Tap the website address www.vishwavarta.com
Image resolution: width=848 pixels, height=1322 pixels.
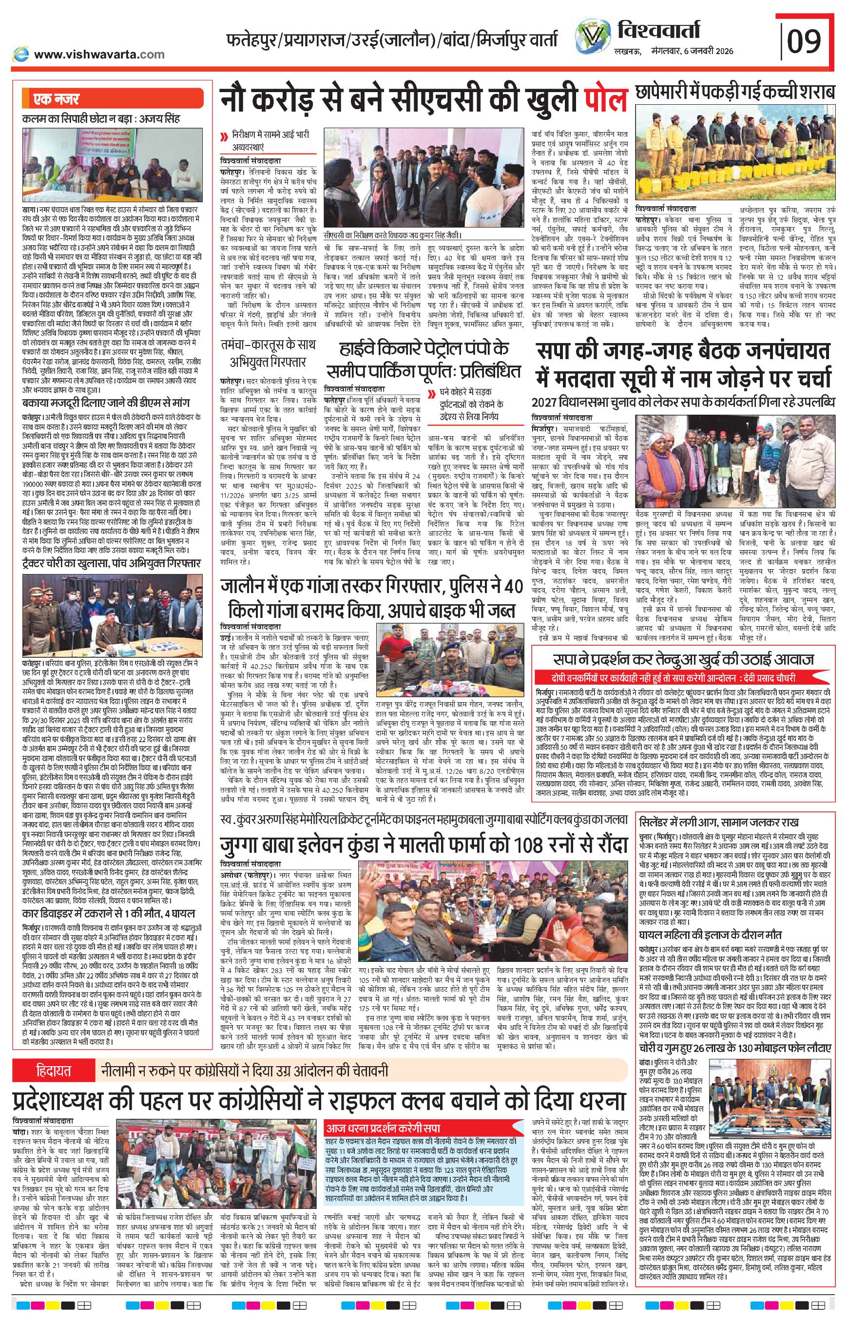(x=99, y=54)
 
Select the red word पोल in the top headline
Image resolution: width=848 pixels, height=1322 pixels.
(x=605, y=102)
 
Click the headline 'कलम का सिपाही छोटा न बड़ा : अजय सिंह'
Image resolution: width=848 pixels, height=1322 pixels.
(x=102, y=118)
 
